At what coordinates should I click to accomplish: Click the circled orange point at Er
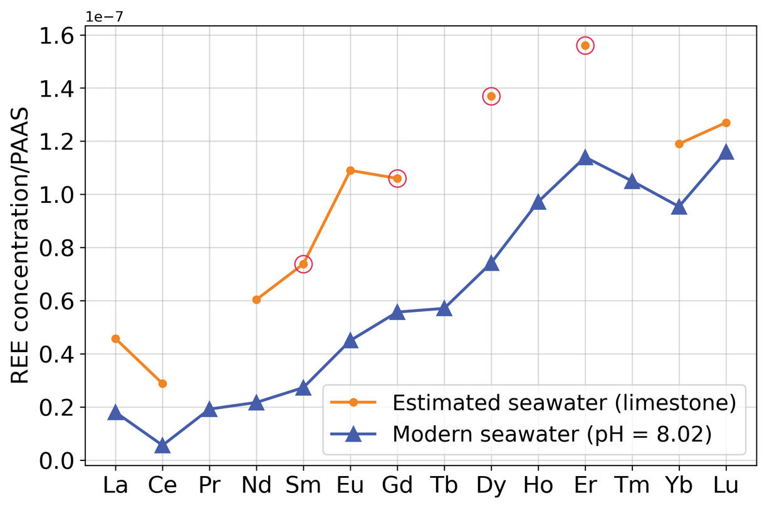(x=585, y=46)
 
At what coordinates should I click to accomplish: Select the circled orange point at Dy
(x=491, y=96)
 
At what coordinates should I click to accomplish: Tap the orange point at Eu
(x=350, y=170)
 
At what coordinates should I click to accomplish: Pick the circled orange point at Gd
(x=397, y=179)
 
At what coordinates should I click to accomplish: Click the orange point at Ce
(x=162, y=383)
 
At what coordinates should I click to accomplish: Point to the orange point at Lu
(x=726, y=123)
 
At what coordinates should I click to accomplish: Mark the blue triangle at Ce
(x=162, y=445)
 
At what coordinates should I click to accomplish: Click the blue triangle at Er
(x=585, y=157)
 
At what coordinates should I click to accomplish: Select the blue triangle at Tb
(x=444, y=308)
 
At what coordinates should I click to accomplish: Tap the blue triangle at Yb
(x=679, y=207)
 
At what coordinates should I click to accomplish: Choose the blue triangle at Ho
(x=538, y=202)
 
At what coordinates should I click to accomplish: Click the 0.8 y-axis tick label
(x=57, y=248)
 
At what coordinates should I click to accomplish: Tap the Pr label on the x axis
(x=209, y=485)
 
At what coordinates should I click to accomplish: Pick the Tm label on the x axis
(x=632, y=485)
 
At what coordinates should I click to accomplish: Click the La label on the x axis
(x=115, y=485)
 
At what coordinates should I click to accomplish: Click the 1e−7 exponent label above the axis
(x=105, y=17)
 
